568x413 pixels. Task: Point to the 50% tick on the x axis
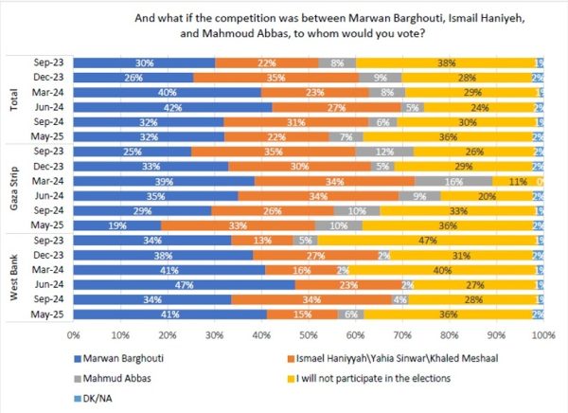(x=307, y=334)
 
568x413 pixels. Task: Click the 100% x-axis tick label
(x=541, y=334)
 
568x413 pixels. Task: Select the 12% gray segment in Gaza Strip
(x=384, y=151)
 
